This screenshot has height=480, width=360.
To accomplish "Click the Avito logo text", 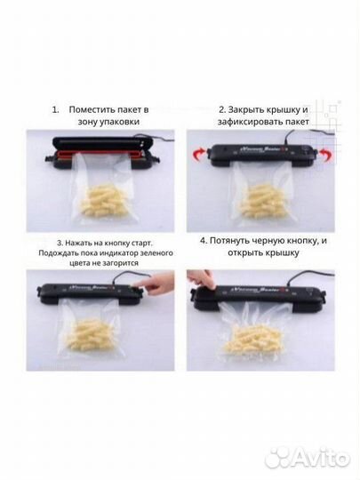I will [319, 458].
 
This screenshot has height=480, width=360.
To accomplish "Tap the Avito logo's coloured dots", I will [278, 457].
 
